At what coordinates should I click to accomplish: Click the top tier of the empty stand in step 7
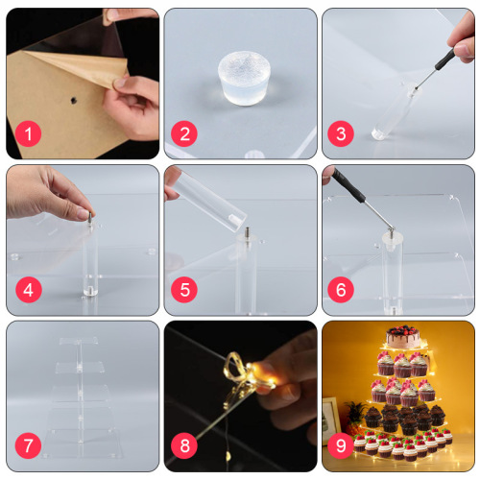(x=82, y=343)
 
